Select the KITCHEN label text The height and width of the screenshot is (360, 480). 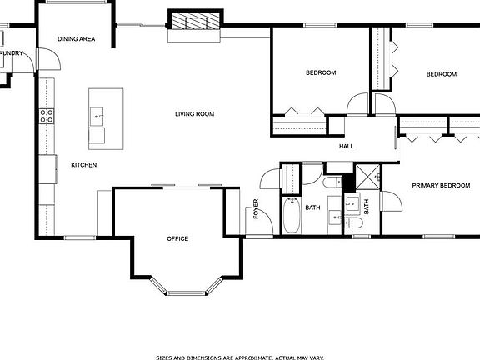pos(83,165)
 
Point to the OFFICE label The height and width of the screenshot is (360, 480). pos(177,239)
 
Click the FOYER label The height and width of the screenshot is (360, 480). pos(257,208)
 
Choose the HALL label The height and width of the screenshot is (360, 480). pos(347,147)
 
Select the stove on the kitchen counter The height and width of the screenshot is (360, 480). pos(46,116)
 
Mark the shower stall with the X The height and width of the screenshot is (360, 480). pos(367,177)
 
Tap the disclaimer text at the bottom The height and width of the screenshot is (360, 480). pos(239,356)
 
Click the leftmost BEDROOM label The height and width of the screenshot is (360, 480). pos(320,73)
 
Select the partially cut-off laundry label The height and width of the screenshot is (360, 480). pos(11,53)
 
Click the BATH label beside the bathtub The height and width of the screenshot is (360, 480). pos(313,207)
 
